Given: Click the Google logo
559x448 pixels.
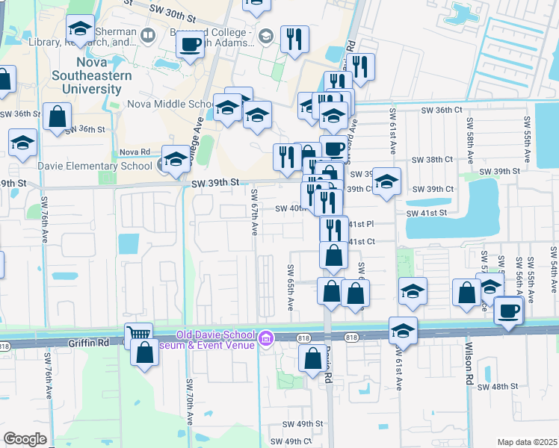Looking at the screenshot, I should tap(25, 439).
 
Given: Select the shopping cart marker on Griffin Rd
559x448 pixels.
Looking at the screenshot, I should tap(138, 335).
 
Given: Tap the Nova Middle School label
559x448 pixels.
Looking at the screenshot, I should tap(170, 105).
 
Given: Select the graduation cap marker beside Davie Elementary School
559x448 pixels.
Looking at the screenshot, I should tap(176, 159).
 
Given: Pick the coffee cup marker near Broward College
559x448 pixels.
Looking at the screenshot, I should tap(190, 43).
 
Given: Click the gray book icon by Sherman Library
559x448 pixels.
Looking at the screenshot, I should tap(148, 34).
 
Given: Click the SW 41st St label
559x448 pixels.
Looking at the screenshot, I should tap(426, 213).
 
